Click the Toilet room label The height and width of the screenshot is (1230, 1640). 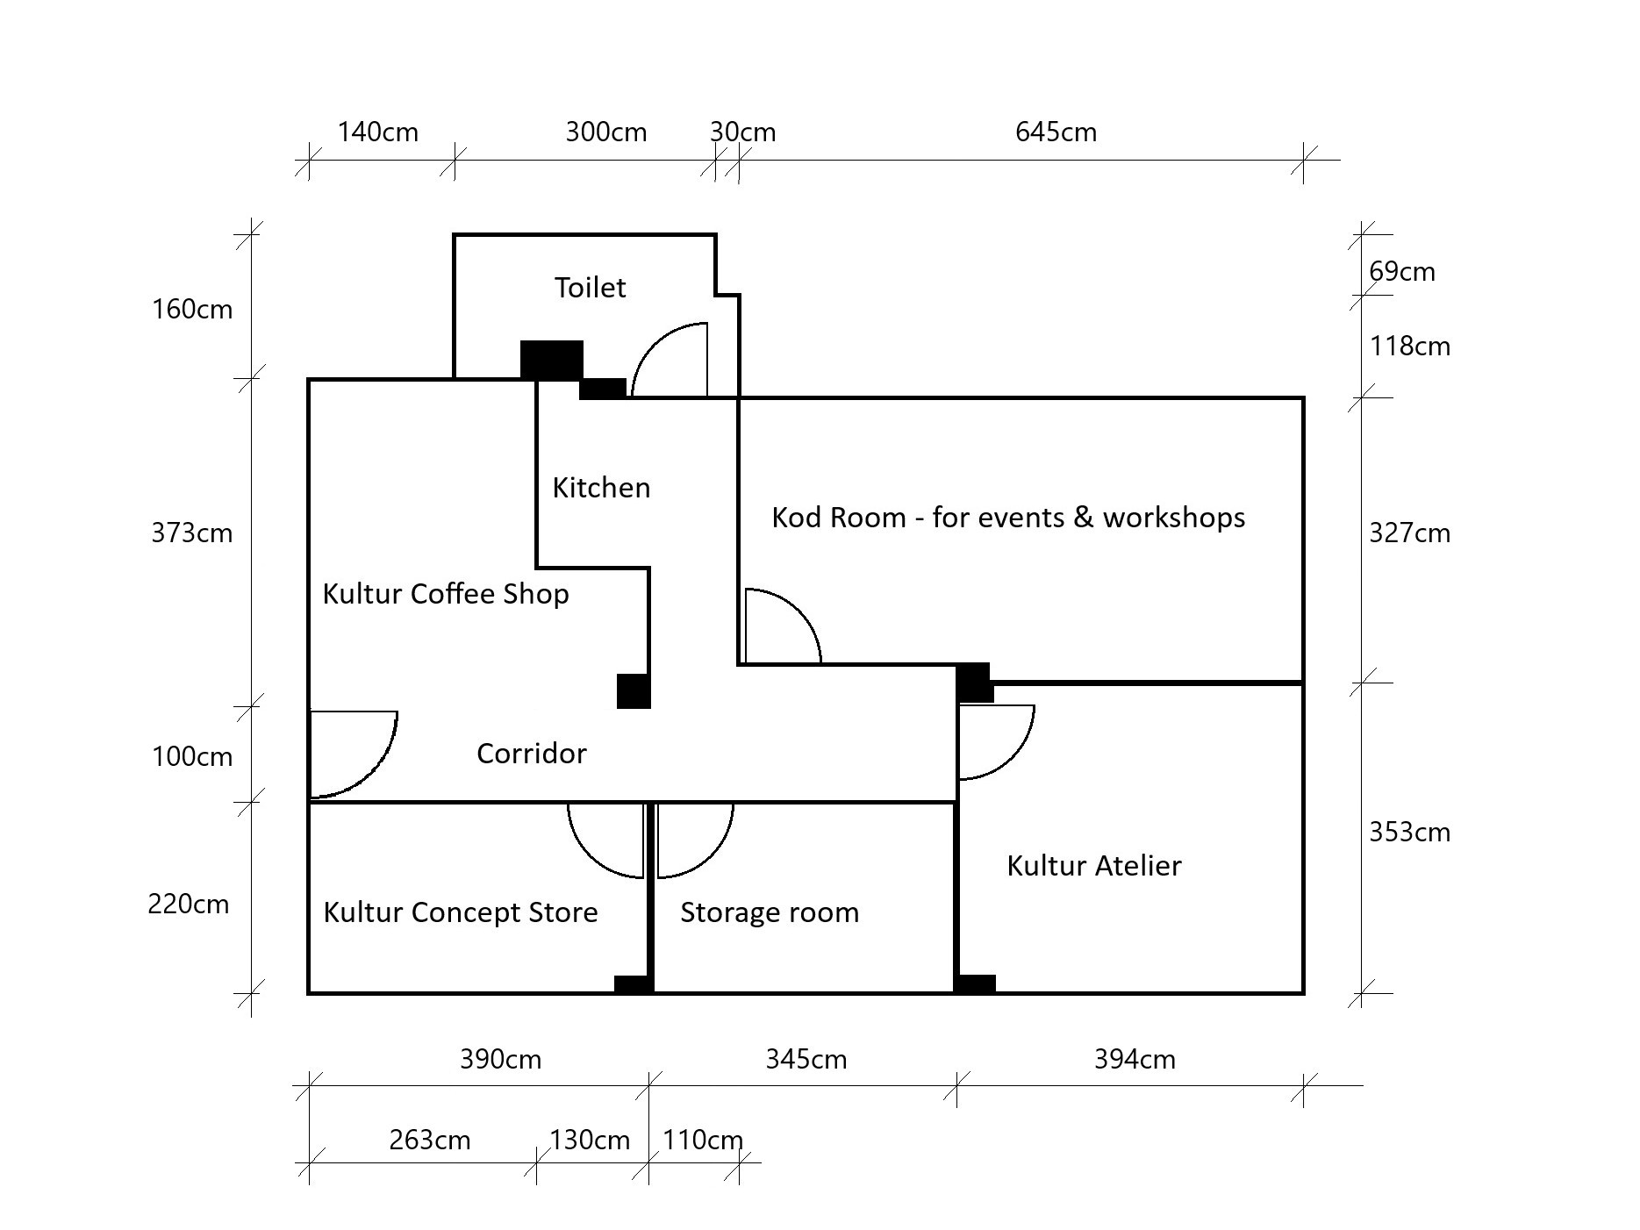(x=590, y=288)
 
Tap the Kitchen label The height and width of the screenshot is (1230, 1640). (x=601, y=488)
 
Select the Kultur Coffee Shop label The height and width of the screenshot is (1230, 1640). (x=446, y=594)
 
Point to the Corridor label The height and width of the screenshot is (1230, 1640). (x=531, y=754)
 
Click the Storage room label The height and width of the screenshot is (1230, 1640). (x=769, y=912)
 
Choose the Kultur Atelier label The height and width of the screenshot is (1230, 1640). (x=1093, y=866)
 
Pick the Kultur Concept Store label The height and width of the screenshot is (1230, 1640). (x=461, y=912)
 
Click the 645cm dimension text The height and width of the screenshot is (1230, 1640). (x=1056, y=132)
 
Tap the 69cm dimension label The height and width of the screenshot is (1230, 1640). (x=1401, y=272)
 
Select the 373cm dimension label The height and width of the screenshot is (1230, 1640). (x=191, y=533)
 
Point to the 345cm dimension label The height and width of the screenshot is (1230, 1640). (x=806, y=1060)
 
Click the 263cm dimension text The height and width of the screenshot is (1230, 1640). (x=429, y=1141)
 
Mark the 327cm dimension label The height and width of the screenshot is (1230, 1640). (x=1409, y=533)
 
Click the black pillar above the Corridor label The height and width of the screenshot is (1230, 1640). (x=634, y=691)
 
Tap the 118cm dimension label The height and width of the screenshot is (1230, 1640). (x=1409, y=347)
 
